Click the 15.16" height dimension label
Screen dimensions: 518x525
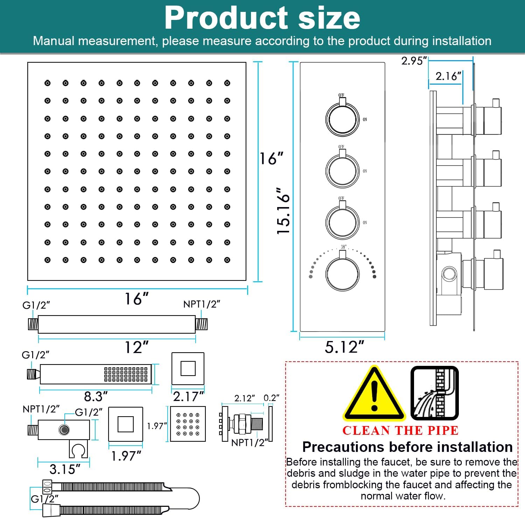click(283, 211)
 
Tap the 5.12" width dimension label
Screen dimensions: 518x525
click(344, 347)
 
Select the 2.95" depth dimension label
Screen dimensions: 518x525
click(414, 61)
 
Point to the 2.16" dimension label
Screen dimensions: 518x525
click(448, 76)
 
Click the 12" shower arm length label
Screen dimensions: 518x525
click(137, 347)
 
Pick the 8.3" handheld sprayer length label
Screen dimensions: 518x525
click(96, 396)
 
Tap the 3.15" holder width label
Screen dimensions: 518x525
click(65, 469)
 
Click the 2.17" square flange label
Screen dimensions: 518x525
click(188, 396)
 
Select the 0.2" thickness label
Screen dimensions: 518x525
click(271, 398)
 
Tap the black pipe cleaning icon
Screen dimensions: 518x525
click(434, 393)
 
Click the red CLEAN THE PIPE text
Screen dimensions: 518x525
click(400, 431)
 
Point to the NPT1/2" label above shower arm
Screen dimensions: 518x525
click(202, 304)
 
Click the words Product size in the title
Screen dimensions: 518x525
click(262, 18)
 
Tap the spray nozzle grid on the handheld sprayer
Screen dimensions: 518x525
click(126, 374)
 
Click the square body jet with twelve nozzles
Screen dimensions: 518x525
click(188, 424)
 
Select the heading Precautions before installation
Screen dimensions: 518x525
click(407, 447)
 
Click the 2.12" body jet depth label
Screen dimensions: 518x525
click(244, 398)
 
